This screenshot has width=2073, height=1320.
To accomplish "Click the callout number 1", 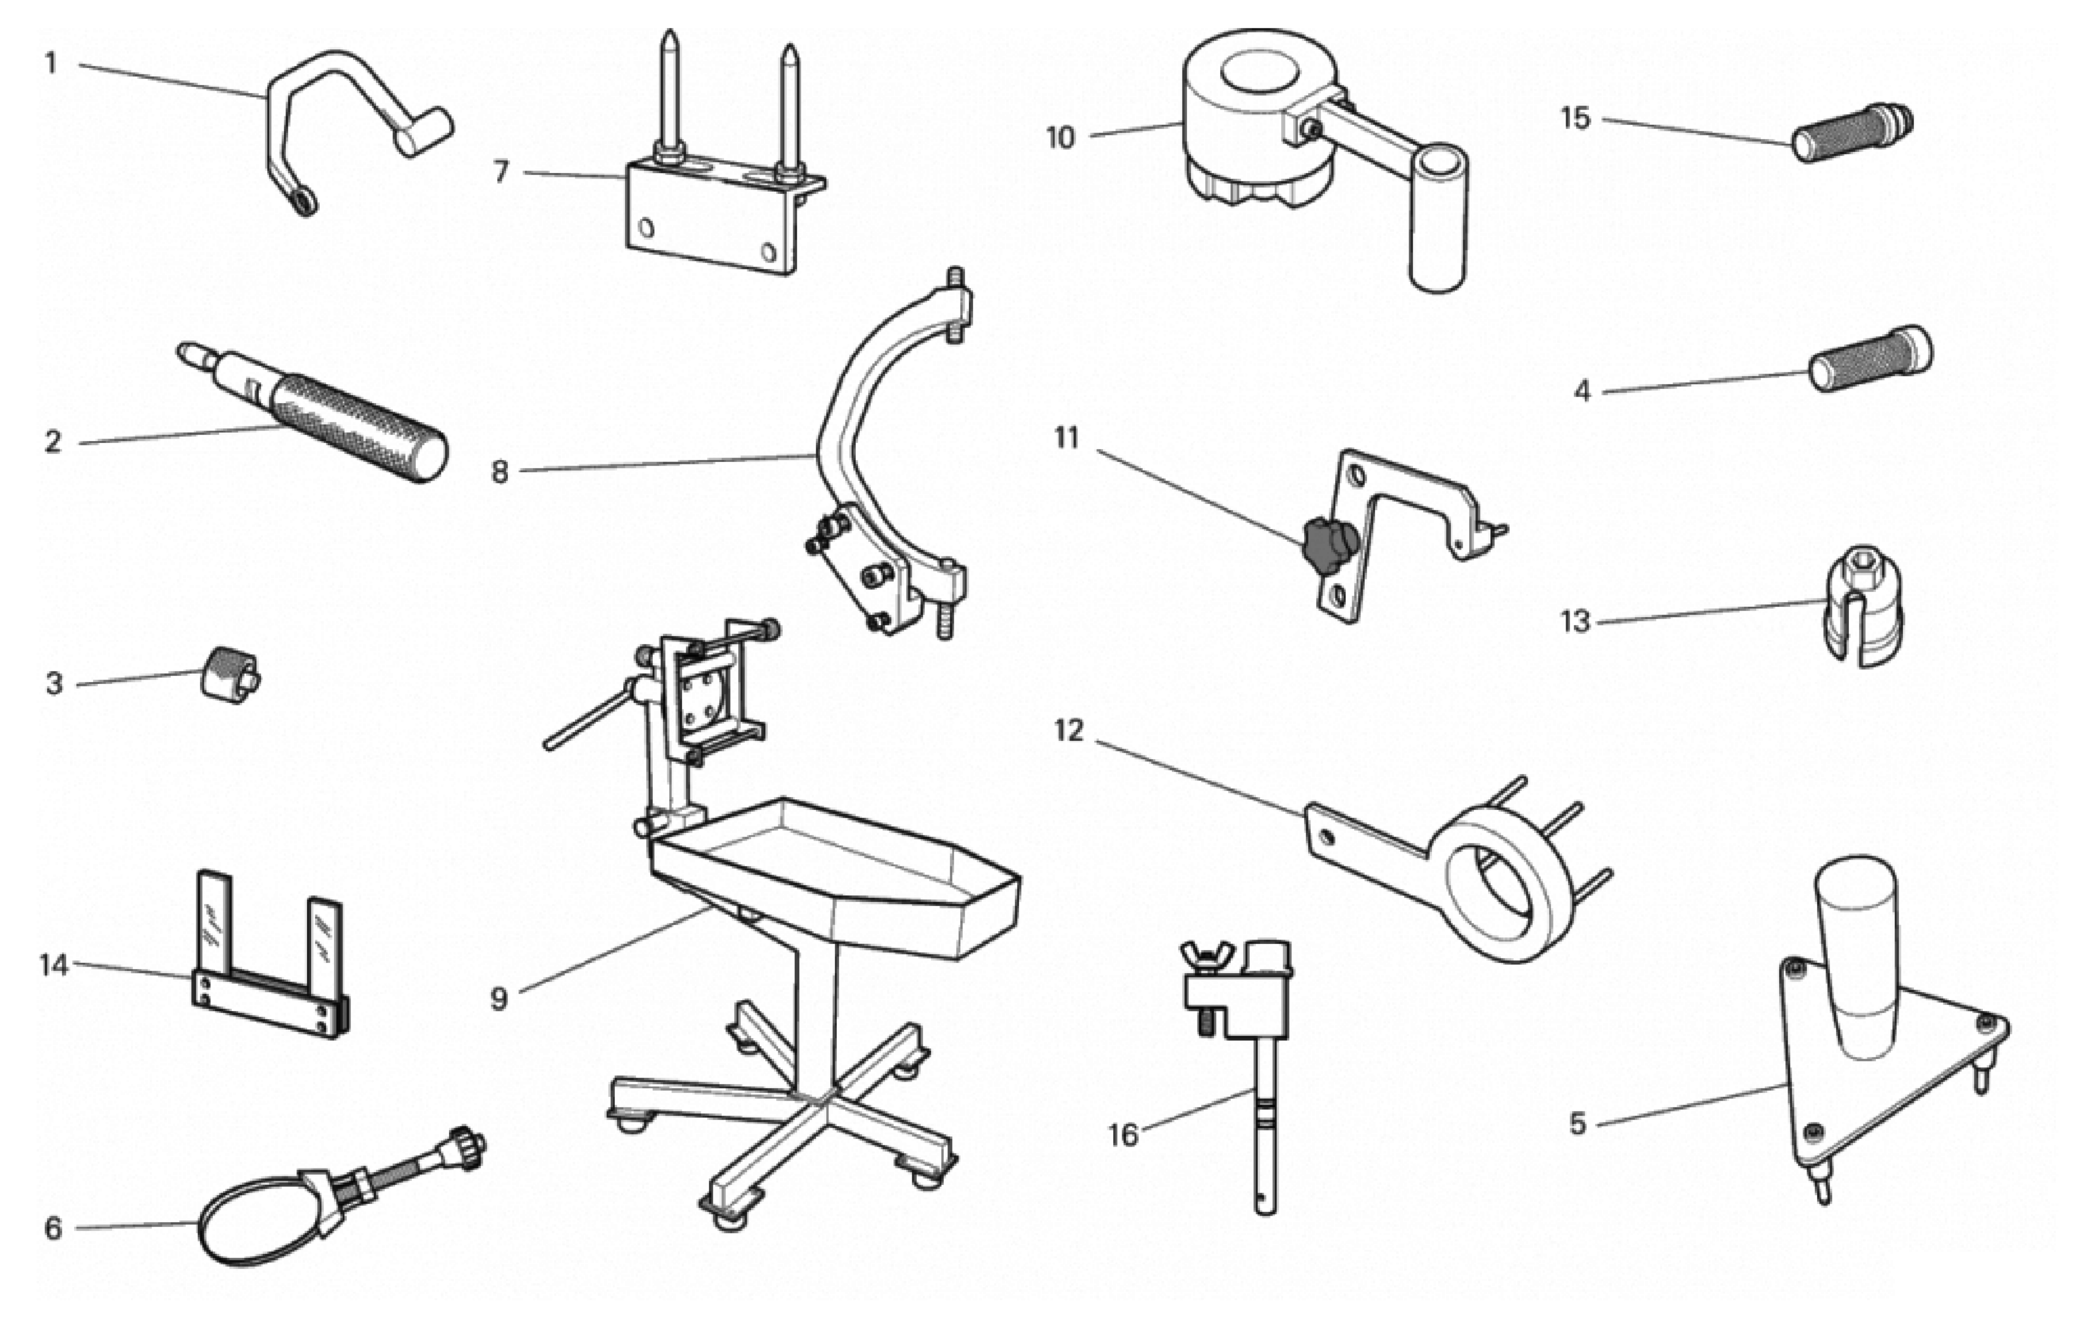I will point(50,63).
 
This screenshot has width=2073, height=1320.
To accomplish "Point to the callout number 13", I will point(1575,621).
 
